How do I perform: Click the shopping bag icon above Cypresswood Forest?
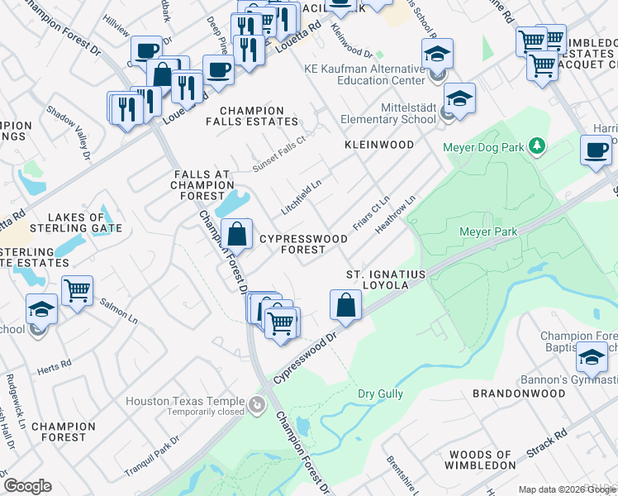(x=237, y=234)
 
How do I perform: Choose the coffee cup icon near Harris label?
(x=596, y=150)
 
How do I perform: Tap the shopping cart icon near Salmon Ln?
(x=77, y=289)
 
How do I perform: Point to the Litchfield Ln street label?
(x=301, y=200)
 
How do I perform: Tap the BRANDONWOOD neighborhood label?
(x=518, y=394)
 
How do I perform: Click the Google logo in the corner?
(x=27, y=486)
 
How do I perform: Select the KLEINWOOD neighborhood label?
(x=379, y=145)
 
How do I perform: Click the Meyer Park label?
(x=488, y=232)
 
